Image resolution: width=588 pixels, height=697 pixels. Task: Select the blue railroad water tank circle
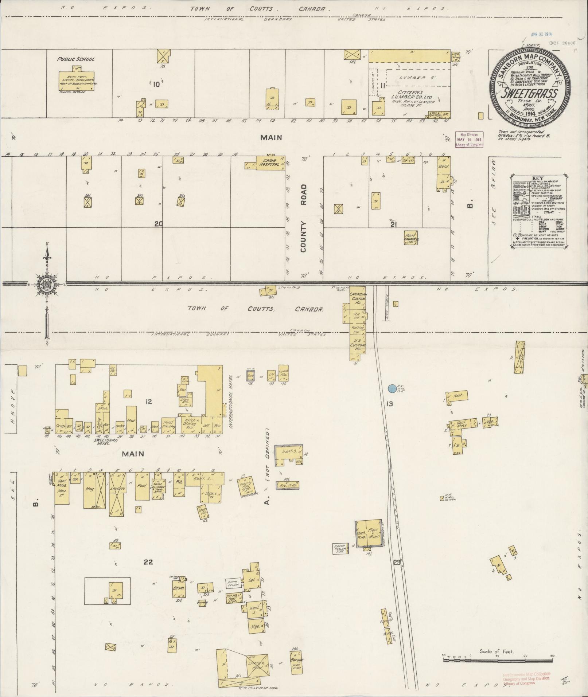tap(392, 389)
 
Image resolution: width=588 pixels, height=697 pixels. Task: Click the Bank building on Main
tap(444, 172)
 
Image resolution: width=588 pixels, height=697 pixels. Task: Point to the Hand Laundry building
tap(410, 237)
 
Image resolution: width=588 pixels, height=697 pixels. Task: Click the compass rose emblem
tap(47, 283)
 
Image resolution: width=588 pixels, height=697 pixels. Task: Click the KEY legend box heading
tap(538, 178)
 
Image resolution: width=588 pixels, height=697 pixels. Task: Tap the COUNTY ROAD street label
tap(304, 218)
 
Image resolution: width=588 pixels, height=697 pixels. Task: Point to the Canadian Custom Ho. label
tap(358, 298)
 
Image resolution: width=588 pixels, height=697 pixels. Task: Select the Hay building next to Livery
tap(90, 490)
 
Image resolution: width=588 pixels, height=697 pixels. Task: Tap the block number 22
tap(148, 562)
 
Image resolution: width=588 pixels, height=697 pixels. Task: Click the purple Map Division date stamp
tap(469, 140)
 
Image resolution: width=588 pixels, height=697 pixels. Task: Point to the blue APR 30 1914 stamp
tap(541, 34)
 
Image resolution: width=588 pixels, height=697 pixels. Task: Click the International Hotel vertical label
tap(231, 400)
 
